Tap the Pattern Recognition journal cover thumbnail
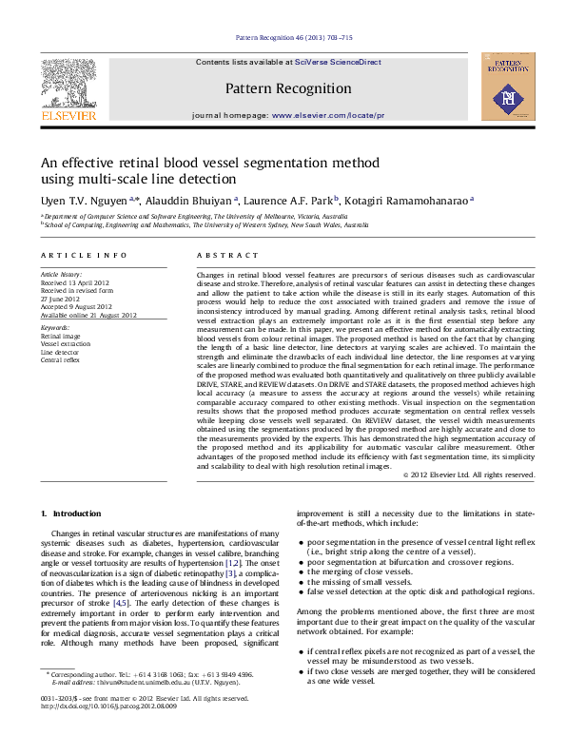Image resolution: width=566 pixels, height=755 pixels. click(502, 87)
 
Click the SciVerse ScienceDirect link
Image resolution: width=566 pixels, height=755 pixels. click(338, 62)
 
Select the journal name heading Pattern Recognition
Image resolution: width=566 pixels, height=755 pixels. click(288, 89)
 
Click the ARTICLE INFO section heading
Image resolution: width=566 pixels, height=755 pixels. click(83, 256)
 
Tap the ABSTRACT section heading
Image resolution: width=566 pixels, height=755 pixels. click(227, 256)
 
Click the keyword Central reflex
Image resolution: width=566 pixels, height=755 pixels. click(60, 360)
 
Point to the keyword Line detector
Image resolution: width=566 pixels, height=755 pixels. click(59, 352)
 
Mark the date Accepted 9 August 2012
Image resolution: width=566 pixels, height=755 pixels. click(76, 306)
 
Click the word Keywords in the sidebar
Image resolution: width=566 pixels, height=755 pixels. click(55, 327)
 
